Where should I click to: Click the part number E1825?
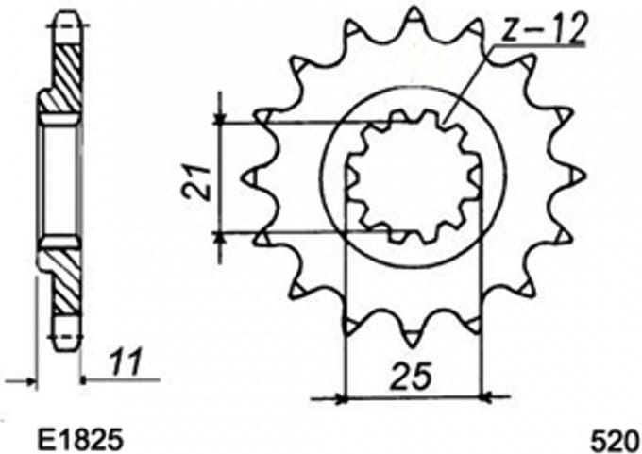point(79,440)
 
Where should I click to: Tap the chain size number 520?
point(616,440)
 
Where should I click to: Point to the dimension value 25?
point(411,376)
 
